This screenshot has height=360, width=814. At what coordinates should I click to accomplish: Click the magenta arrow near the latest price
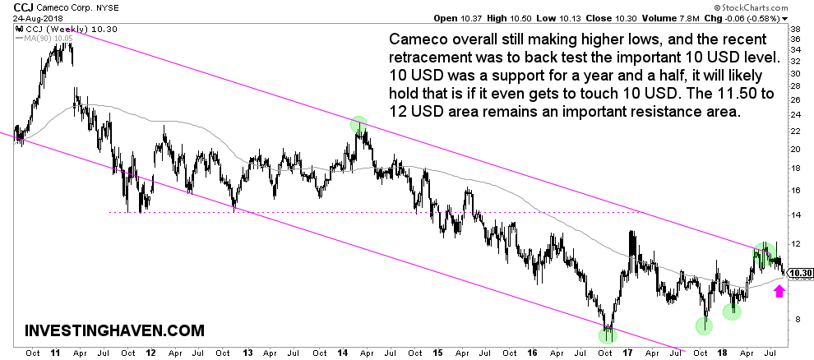pos(779,290)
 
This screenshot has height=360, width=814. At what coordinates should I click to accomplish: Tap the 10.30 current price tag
pos(800,274)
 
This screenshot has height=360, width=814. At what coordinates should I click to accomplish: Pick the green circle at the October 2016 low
pos(608,333)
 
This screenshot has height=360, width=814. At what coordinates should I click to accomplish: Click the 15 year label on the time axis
pos(437,353)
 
